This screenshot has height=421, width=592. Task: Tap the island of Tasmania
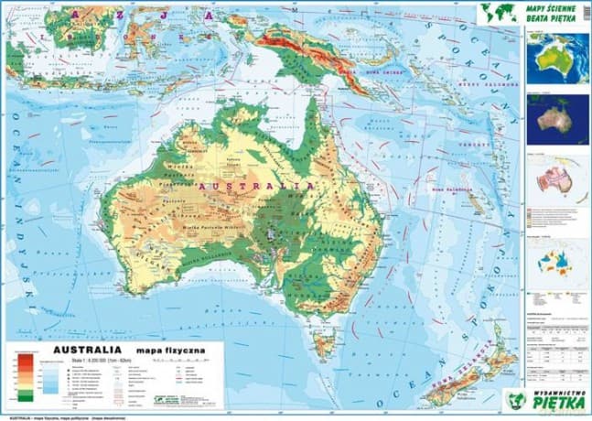[x=321, y=346]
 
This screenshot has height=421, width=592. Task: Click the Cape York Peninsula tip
[x=314, y=98]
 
